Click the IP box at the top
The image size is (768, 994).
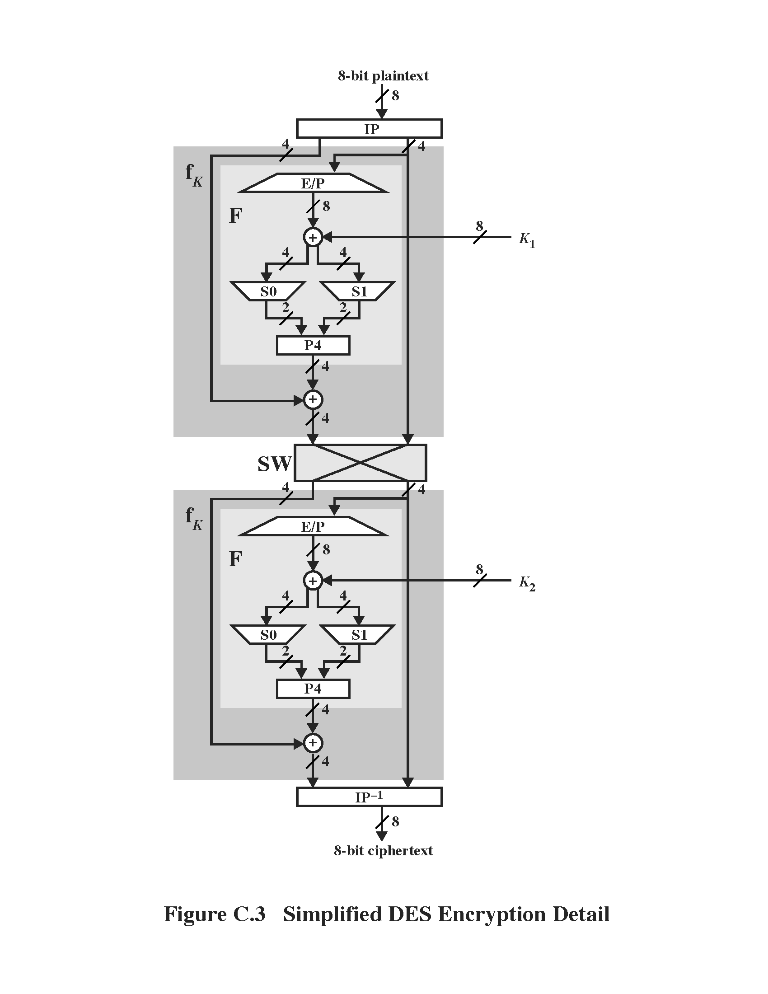click(x=369, y=129)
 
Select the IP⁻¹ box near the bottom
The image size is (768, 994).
click(x=369, y=797)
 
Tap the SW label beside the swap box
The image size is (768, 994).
click(x=274, y=464)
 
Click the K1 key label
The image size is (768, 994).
click(x=527, y=239)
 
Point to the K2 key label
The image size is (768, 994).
click(x=527, y=582)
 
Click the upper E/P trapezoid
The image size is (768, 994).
click(x=313, y=183)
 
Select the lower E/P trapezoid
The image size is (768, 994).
click(x=313, y=526)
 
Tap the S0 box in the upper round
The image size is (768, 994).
click(x=268, y=291)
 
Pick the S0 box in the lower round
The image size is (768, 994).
click(x=268, y=634)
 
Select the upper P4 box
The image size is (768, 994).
click(x=313, y=346)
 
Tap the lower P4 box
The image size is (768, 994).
click(x=313, y=689)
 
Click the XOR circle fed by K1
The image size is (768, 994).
click(x=313, y=237)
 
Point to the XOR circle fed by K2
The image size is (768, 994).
click(x=313, y=581)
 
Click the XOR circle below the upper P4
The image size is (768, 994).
click(x=313, y=399)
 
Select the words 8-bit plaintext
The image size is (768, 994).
click(x=383, y=75)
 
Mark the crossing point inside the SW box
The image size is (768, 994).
click(x=361, y=463)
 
